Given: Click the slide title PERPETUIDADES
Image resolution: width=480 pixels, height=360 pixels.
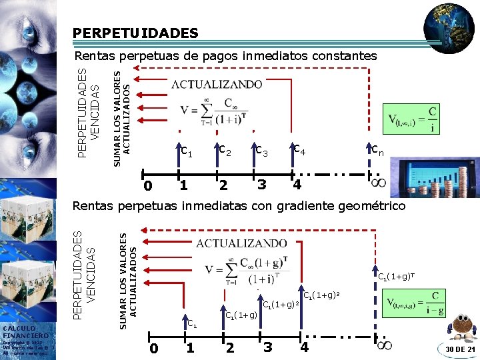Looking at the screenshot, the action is point(135,33).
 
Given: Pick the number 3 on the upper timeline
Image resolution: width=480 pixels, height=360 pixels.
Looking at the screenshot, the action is point(262,184).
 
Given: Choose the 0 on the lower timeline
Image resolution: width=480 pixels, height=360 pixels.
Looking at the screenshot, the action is point(153,347).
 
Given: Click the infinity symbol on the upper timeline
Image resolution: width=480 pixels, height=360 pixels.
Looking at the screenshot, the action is point(377,182).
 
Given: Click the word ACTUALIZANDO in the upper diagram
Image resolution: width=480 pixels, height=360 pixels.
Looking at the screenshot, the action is point(217,85).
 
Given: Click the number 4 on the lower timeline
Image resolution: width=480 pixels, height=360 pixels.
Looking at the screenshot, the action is point(305,347).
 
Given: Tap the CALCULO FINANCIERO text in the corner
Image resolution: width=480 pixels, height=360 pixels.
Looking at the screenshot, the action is point(25,331).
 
